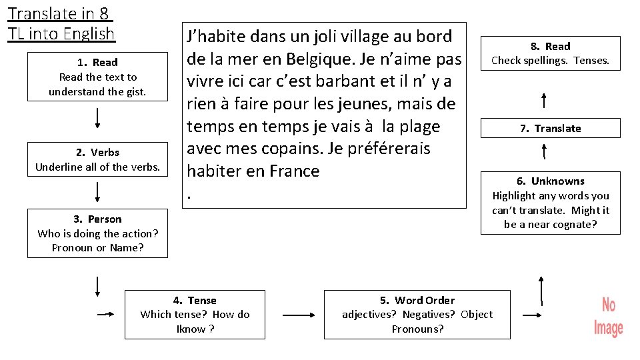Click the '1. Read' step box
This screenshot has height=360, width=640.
point(97,77)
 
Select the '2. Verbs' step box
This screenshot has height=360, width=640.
point(97,159)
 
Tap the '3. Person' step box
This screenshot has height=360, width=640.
point(97,233)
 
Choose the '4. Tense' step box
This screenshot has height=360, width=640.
point(195,315)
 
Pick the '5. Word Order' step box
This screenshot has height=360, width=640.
point(417,315)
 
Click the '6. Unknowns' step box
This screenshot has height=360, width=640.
point(551,203)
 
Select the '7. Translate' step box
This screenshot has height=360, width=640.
point(551,128)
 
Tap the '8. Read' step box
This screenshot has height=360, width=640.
point(551,53)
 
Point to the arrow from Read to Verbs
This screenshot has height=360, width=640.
point(98,117)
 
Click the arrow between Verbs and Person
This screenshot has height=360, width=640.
point(98,191)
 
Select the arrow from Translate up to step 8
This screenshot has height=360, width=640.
point(545,101)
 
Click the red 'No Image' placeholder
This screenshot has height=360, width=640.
point(608,317)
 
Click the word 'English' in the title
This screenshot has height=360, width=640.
point(84,33)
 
